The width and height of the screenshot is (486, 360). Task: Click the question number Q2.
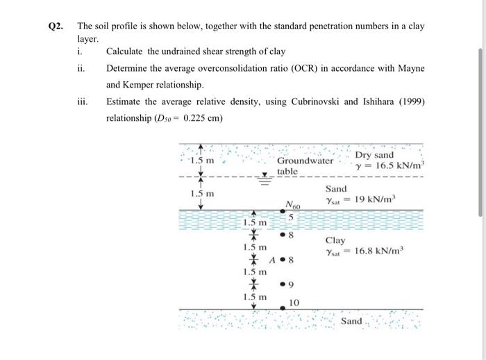[x=56, y=26]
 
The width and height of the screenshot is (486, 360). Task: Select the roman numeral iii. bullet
[x=82, y=101]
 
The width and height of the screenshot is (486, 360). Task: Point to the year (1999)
[x=406, y=101]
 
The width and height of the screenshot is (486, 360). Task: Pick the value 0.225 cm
[x=199, y=117]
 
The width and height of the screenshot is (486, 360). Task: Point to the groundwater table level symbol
[x=265, y=176]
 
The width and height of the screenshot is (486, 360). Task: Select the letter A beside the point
[x=271, y=261]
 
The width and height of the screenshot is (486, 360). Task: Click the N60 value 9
[x=294, y=284]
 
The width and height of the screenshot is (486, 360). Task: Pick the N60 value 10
[x=294, y=302]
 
